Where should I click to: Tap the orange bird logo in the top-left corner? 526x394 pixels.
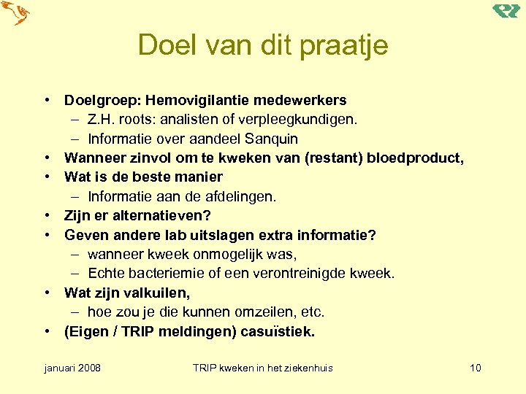(16, 13)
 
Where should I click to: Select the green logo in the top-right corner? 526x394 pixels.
(506, 10)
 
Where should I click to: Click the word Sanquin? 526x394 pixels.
(272, 139)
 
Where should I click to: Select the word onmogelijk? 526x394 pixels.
(226, 254)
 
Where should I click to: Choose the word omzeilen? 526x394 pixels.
(269, 312)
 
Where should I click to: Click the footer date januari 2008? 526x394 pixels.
(73, 368)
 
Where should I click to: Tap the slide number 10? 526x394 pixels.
(475, 368)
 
